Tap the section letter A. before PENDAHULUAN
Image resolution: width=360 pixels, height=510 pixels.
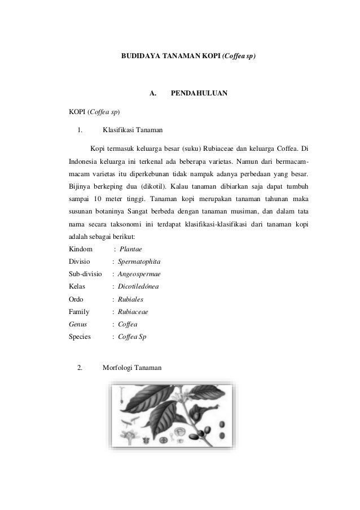[x=152, y=92]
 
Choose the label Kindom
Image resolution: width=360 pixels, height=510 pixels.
[x=80, y=249]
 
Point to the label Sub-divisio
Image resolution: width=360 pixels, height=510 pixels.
[x=85, y=274]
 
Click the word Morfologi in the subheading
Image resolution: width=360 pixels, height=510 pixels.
[x=117, y=368]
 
